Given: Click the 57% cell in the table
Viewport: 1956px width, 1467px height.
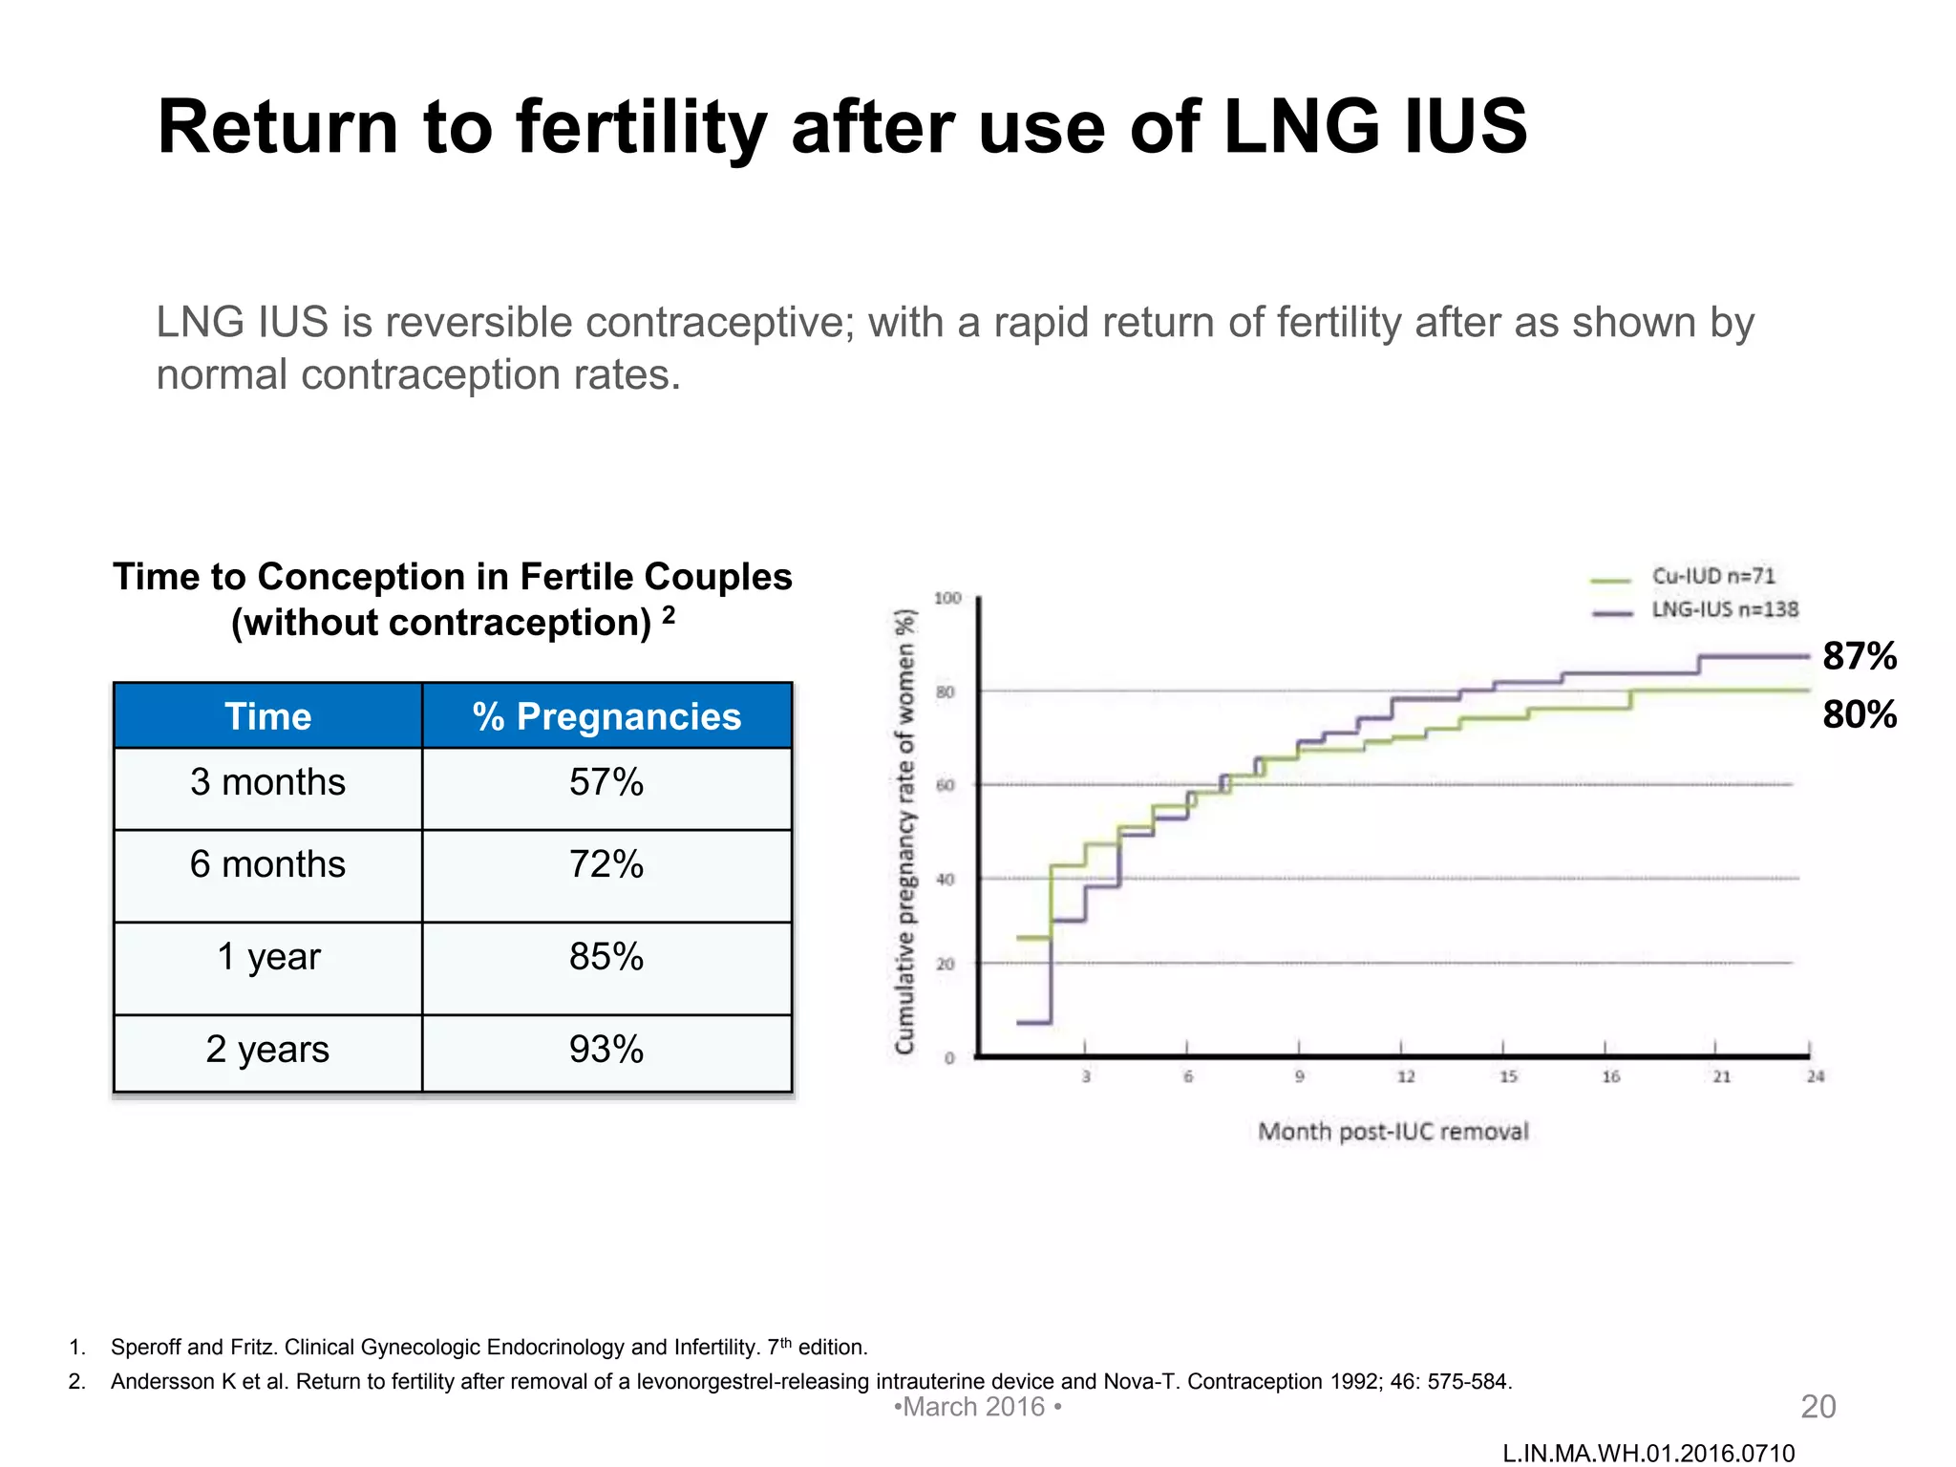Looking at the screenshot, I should click(x=606, y=782).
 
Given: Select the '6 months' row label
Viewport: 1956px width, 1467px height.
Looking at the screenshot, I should click(x=267, y=864).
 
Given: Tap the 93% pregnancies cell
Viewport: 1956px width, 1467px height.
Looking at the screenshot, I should click(x=606, y=1050).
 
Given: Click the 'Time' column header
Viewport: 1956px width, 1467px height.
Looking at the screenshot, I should click(x=267, y=716).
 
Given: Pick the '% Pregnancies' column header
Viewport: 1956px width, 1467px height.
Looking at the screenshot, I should click(x=606, y=716).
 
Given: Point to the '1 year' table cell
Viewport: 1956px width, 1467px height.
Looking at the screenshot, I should click(x=268, y=956).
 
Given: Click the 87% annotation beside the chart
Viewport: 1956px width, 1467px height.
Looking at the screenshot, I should click(x=1859, y=656).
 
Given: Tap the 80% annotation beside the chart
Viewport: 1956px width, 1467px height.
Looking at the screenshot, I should click(x=1859, y=714).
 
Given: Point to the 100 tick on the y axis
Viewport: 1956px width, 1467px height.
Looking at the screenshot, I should click(x=947, y=598).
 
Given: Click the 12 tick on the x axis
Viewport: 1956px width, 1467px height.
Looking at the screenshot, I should click(x=1406, y=1077).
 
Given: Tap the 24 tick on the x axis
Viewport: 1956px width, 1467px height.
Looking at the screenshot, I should click(x=1816, y=1077).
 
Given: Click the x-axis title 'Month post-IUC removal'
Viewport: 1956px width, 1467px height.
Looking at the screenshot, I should click(x=1393, y=1132).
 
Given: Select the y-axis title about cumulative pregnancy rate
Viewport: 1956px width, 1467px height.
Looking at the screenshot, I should click(x=904, y=831).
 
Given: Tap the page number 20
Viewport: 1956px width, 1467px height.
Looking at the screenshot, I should click(x=1818, y=1407).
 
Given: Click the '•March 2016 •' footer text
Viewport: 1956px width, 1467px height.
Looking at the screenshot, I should click(x=977, y=1407).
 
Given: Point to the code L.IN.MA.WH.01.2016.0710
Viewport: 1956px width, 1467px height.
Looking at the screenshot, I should click(x=1648, y=1454).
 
